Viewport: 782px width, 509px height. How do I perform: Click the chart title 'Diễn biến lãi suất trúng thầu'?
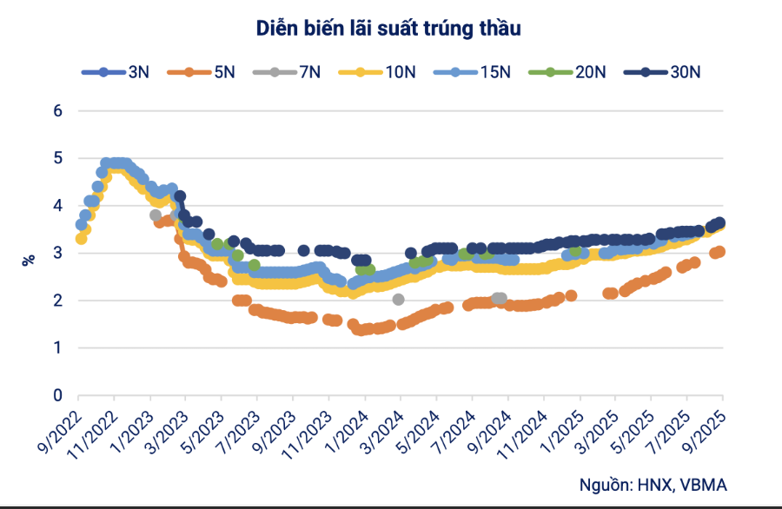point(388,29)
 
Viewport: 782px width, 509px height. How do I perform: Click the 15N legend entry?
point(474,72)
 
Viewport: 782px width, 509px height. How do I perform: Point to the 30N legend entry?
point(666,72)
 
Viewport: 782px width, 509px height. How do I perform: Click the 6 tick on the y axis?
point(58,111)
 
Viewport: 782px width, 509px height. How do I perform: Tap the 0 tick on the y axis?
point(58,395)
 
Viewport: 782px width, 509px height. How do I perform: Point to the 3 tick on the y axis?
point(58,254)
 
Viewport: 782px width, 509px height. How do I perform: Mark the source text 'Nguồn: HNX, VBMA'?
point(653,484)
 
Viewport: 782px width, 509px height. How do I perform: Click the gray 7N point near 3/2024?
point(398,299)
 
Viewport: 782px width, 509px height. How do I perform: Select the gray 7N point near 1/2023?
point(156,215)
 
